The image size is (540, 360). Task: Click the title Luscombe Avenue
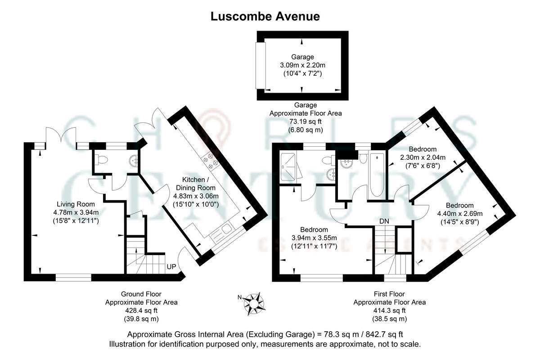[265, 17]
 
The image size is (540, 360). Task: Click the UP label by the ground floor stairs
[171, 267]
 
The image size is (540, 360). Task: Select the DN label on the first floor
[384, 221]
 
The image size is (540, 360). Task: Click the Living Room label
[75, 204]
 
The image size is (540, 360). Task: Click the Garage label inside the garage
[302, 57]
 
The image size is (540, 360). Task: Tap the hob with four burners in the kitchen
[211, 159]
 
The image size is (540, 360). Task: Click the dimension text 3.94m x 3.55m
[315, 238]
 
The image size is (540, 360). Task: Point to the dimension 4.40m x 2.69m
[460, 213]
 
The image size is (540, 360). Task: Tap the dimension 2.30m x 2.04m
[423, 157]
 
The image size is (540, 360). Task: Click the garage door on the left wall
[259, 66]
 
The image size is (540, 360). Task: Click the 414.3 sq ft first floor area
[389, 310]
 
